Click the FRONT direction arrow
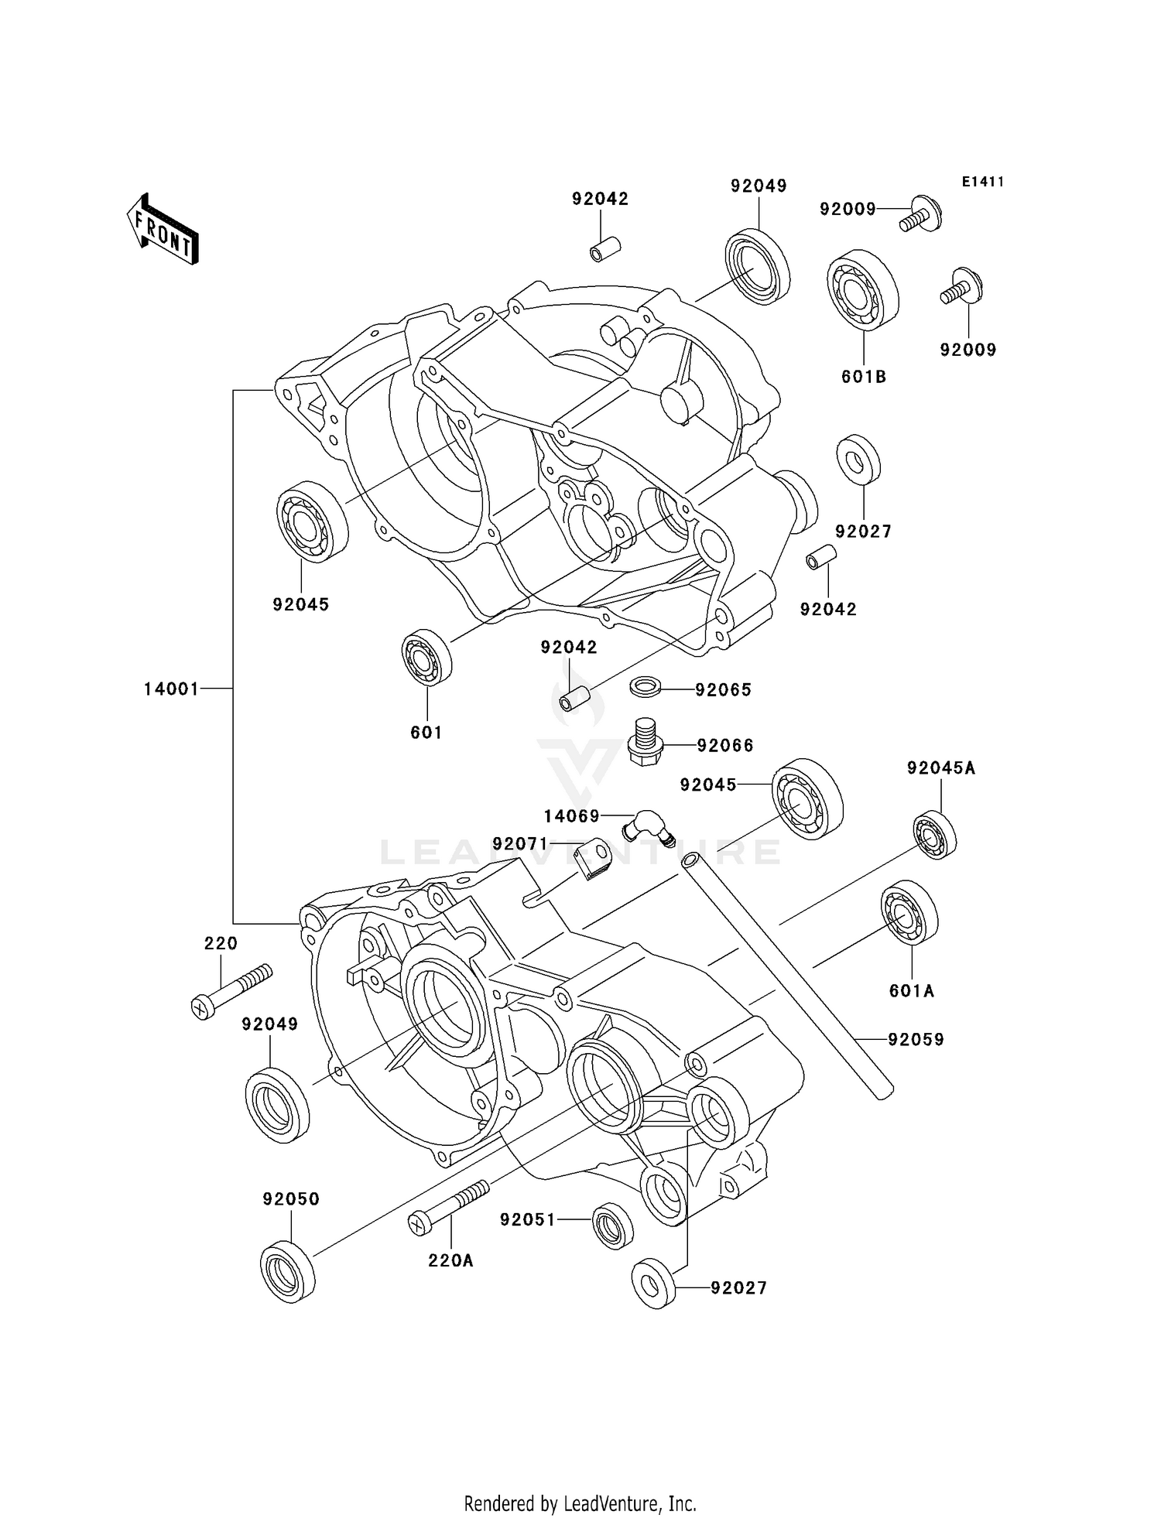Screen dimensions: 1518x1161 coord(163,229)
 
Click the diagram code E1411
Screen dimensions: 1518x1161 coord(982,182)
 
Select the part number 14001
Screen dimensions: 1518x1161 coord(171,689)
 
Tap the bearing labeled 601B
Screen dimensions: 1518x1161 coord(862,290)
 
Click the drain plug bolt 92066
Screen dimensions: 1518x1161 coord(644,744)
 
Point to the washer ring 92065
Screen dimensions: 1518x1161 coord(645,685)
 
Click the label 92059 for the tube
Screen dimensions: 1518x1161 coord(916,1039)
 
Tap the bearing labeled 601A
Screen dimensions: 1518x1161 coord(909,911)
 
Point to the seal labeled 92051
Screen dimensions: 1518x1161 coord(612,1225)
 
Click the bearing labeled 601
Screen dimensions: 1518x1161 coord(426,657)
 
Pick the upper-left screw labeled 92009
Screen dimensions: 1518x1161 coord(920,214)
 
